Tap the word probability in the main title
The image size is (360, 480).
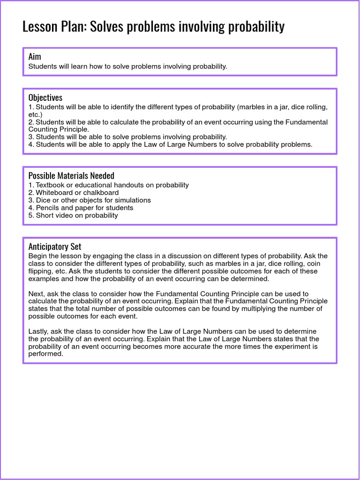[256, 27]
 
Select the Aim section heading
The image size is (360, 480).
[35, 56]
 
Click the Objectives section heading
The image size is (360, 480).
[45, 97]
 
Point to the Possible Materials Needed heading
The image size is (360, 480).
[71, 175]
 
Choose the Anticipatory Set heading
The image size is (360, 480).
[55, 247]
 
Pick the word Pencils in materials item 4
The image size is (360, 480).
[48, 208]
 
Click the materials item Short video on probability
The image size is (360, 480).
[77, 216]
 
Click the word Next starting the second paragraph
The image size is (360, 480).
[37, 294]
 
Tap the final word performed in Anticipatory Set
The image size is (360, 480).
[45, 354]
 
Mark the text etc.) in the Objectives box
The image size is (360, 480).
[35, 114]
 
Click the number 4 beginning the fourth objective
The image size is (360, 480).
[30, 144]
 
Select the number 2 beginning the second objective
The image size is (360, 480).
[30, 122]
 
